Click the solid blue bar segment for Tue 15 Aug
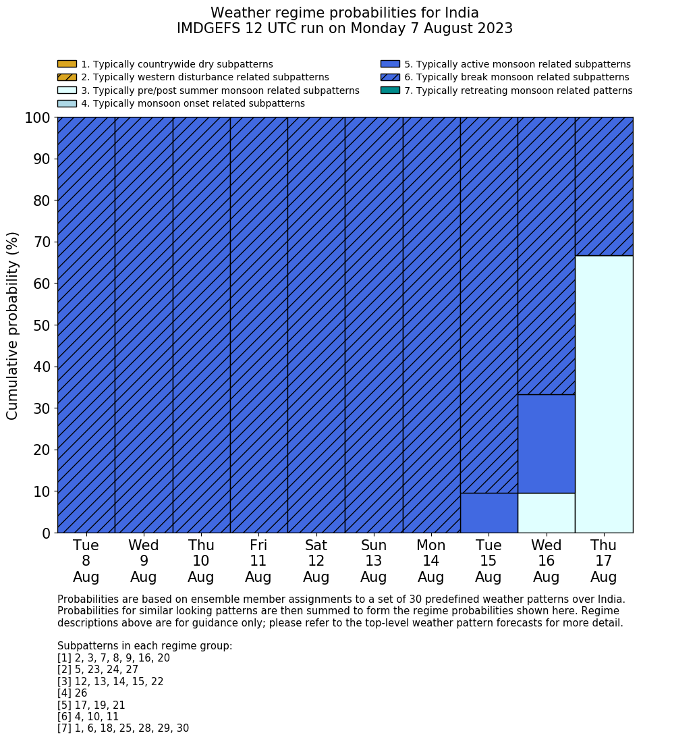point(489,513)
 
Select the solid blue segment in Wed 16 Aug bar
point(546,444)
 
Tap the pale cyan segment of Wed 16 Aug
point(546,513)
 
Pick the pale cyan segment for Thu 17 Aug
point(604,394)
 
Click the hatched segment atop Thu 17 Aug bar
point(604,186)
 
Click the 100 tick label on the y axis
point(38,118)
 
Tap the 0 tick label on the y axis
point(46,533)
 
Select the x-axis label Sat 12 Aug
point(316,561)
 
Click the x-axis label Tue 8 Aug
point(86,561)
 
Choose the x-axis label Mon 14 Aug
point(431,561)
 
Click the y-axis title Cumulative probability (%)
point(13,325)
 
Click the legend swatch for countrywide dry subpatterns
point(67,64)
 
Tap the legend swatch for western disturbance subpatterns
point(67,77)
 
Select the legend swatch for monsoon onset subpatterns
point(67,103)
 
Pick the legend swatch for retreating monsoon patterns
point(390,90)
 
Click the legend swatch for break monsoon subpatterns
point(390,77)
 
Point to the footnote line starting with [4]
point(72,693)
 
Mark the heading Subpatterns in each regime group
point(144,646)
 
